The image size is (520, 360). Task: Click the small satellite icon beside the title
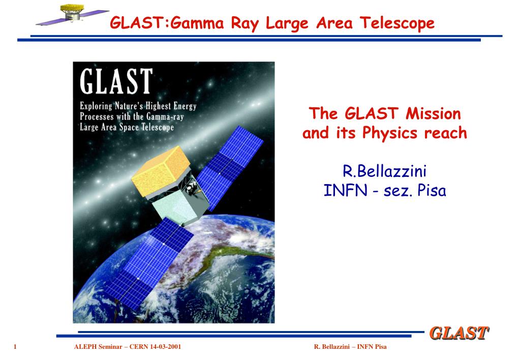72,14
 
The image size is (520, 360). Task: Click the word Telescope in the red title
397,23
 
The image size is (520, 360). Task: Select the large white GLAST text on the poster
116,81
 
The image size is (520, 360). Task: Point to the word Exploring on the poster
96,106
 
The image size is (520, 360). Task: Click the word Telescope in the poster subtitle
158,127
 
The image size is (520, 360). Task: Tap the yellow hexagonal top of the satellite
161,171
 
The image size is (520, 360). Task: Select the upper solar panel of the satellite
230,168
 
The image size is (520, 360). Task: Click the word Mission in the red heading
433,113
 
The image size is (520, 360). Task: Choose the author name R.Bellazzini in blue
384,171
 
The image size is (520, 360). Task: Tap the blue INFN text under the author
345,191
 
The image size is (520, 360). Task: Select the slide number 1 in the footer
15,347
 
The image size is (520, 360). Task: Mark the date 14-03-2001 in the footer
166,347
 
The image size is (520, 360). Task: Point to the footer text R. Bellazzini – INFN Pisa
350,347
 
